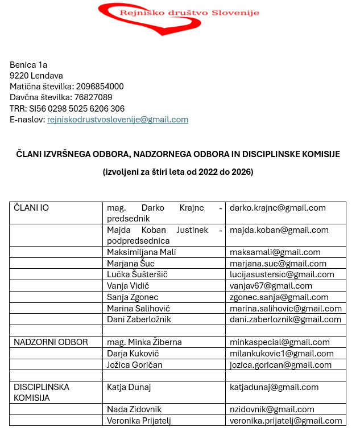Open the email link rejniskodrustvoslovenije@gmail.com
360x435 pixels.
pyautogui.click(x=118, y=120)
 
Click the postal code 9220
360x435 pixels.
pyautogui.click(x=19, y=75)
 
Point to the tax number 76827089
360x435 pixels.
pyautogui.click(x=93, y=97)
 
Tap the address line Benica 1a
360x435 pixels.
pyautogui.click(x=28, y=64)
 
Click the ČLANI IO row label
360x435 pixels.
pyautogui.click(x=31, y=208)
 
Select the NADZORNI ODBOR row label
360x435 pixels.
pyautogui.click(x=51, y=342)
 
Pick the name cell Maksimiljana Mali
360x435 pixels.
pyautogui.click(x=142, y=252)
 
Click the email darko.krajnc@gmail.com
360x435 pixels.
pyautogui.click(x=278, y=208)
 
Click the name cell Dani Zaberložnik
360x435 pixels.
pyautogui.click(x=139, y=319)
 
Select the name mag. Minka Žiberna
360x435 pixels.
pyautogui.click(x=144, y=342)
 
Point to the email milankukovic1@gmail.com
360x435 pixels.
pyautogui.click(x=282, y=353)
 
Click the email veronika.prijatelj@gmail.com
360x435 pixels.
pyautogui.click(x=285, y=421)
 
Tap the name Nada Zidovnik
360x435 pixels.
pyautogui.click(x=134, y=409)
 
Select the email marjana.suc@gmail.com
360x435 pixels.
pyautogui.click(x=278, y=264)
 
